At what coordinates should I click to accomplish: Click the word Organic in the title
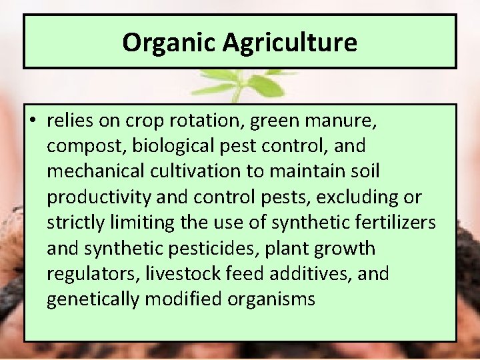169,43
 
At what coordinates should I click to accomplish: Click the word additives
315,273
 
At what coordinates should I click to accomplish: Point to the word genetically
94,299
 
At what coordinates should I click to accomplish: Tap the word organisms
271,299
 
